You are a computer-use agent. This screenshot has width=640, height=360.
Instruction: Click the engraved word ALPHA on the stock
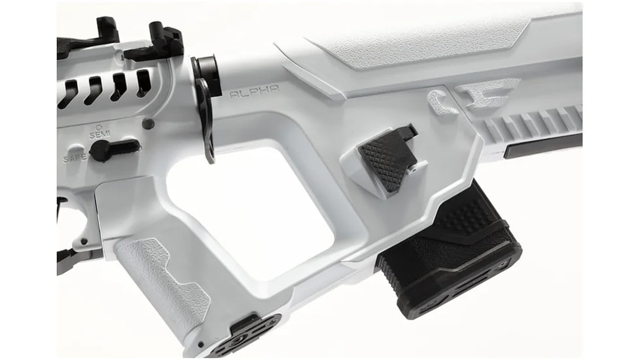[x=255, y=93]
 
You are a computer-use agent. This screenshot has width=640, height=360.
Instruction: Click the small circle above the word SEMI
[x=98, y=126]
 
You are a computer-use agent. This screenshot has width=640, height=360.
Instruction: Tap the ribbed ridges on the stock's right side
[x=537, y=125]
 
